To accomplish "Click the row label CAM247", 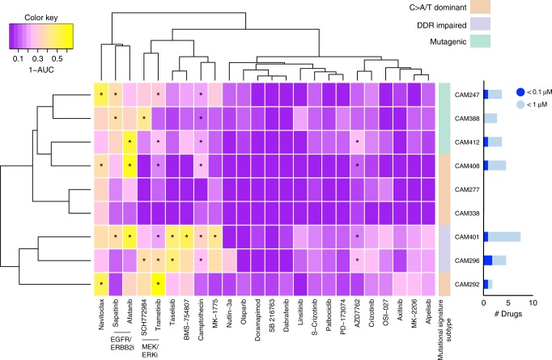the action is (x=467, y=95).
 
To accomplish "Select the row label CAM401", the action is (x=467, y=237).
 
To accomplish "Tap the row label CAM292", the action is (x=467, y=284).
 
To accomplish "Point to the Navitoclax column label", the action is (x=101, y=314).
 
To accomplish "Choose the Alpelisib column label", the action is (x=428, y=311).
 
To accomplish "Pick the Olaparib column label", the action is (x=244, y=311).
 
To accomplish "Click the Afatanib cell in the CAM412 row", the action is (x=130, y=142).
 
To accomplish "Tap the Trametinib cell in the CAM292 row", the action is (x=158, y=284).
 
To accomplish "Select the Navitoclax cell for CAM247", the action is (x=101, y=95).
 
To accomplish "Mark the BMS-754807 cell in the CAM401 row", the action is (x=187, y=236).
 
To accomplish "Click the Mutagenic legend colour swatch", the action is (x=480, y=41).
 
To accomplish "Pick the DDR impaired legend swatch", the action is (x=480, y=24).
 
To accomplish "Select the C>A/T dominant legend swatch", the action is (x=480, y=6).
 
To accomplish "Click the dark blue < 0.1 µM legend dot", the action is (x=520, y=92).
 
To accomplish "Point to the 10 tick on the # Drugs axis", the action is (x=533, y=303).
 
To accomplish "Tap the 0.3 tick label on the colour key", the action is (x=38, y=59).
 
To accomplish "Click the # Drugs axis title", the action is (x=508, y=314).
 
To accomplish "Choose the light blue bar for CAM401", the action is (x=504, y=237).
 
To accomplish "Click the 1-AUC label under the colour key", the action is (x=41, y=70).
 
